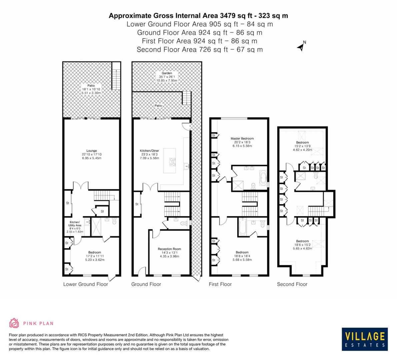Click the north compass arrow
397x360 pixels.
[x=301, y=46]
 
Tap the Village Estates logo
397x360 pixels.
[x=365, y=338]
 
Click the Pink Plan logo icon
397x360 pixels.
[x=14, y=323]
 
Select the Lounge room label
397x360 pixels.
[x=91, y=151]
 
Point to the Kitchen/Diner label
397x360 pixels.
[x=149, y=151]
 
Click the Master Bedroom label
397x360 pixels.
[x=242, y=138]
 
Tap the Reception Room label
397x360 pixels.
[x=169, y=249]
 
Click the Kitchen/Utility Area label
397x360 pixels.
[x=74, y=224]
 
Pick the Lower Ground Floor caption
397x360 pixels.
[x=86, y=284]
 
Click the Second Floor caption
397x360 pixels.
[x=292, y=284]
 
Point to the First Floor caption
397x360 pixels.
[x=220, y=284]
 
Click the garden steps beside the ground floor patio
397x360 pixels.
[x=186, y=97]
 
